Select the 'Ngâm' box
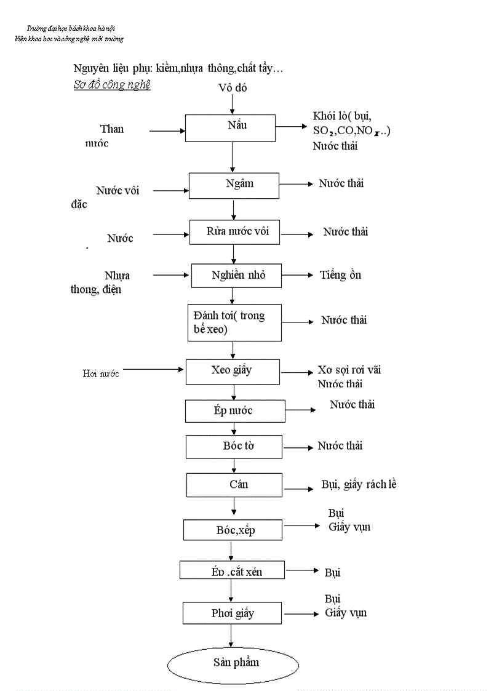pos(234,185)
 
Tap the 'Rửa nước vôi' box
pos(237,233)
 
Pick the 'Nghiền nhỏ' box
pos(237,276)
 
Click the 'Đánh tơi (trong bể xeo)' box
pos(234,322)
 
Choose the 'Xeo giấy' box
pos(233,372)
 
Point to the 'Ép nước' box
pos(235,411)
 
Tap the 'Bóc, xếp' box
pos(233,530)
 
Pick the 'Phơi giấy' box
pos(233,613)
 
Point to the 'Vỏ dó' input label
pos(232,88)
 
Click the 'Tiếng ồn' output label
pos(340,275)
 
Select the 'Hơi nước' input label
pos(101,373)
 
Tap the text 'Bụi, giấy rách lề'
pos(359,485)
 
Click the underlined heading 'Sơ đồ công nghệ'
pos(111,85)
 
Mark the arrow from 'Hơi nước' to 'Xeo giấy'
pos(154,370)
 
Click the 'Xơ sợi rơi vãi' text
pos(349,370)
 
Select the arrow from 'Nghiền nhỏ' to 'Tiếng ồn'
pos(298,276)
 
